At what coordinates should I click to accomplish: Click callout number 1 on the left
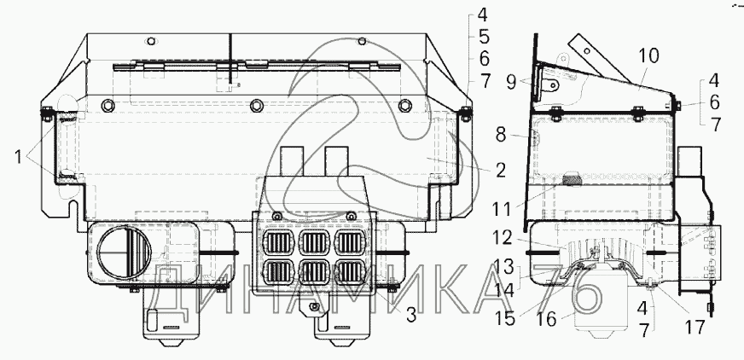click(x=19, y=156)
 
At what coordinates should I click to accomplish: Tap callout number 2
click(x=501, y=171)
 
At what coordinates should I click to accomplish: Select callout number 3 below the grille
click(x=411, y=314)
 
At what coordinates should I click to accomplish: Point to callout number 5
click(x=483, y=37)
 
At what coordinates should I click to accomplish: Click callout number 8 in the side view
click(x=501, y=135)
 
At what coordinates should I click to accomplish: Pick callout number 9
click(x=511, y=83)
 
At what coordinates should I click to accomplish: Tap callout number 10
click(x=648, y=56)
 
